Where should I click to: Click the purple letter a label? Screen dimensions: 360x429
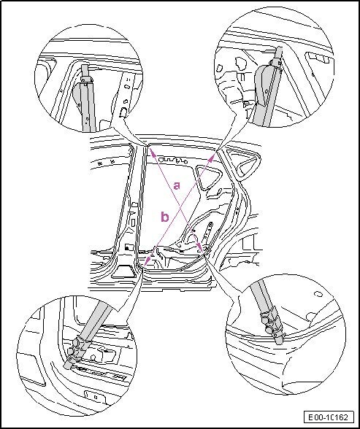coord(177,185)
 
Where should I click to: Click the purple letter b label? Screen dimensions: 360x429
coord(165,217)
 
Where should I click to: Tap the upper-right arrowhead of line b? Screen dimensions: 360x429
coord(212,155)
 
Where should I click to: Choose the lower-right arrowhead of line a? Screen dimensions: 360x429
coord(200,247)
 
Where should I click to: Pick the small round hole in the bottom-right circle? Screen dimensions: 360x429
coord(318,295)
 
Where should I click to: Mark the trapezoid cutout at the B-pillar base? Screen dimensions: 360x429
coord(124,273)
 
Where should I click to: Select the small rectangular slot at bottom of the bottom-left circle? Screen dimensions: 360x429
coord(95,397)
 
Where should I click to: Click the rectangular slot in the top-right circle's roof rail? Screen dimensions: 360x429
coord(319,58)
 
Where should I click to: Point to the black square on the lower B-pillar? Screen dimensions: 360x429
coord(127,247)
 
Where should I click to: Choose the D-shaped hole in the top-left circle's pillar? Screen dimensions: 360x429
coord(123,112)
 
